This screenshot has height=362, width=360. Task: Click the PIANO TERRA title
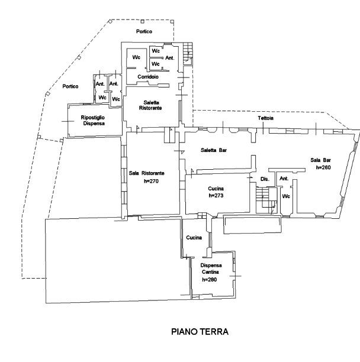pyautogui.click(x=200, y=332)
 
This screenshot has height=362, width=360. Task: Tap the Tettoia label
pyautogui.click(x=265, y=118)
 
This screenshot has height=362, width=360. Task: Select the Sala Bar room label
pyautogui.click(x=320, y=160)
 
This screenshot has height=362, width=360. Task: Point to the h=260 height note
pyautogui.click(x=323, y=167)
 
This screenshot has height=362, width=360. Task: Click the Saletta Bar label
pyautogui.click(x=214, y=150)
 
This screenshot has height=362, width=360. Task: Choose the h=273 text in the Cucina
pyautogui.click(x=216, y=195)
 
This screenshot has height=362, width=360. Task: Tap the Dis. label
pyautogui.click(x=265, y=179)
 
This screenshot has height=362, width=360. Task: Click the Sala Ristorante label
pyautogui.click(x=146, y=173)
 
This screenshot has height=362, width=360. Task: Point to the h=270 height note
pyautogui.click(x=151, y=181)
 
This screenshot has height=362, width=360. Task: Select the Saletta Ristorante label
pyautogui.click(x=150, y=105)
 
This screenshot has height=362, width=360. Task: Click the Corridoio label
pyautogui.click(x=148, y=77)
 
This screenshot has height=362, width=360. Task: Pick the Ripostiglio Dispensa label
pyautogui.click(x=93, y=120)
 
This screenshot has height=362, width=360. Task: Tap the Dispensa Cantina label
pyautogui.click(x=211, y=269)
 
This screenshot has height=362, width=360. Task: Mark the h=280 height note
pyautogui.click(x=210, y=280)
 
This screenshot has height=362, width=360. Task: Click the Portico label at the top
pyautogui.click(x=144, y=31)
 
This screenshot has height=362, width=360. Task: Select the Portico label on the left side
pyautogui.click(x=70, y=86)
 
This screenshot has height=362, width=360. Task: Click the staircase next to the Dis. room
pyautogui.click(x=266, y=200)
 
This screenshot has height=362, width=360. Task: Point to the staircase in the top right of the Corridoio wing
pyautogui.click(x=188, y=54)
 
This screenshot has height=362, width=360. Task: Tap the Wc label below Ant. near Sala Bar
pyautogui.click(x=286, y=196)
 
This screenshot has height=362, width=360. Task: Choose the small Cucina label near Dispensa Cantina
pyautogui.click(x=194, y=237)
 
